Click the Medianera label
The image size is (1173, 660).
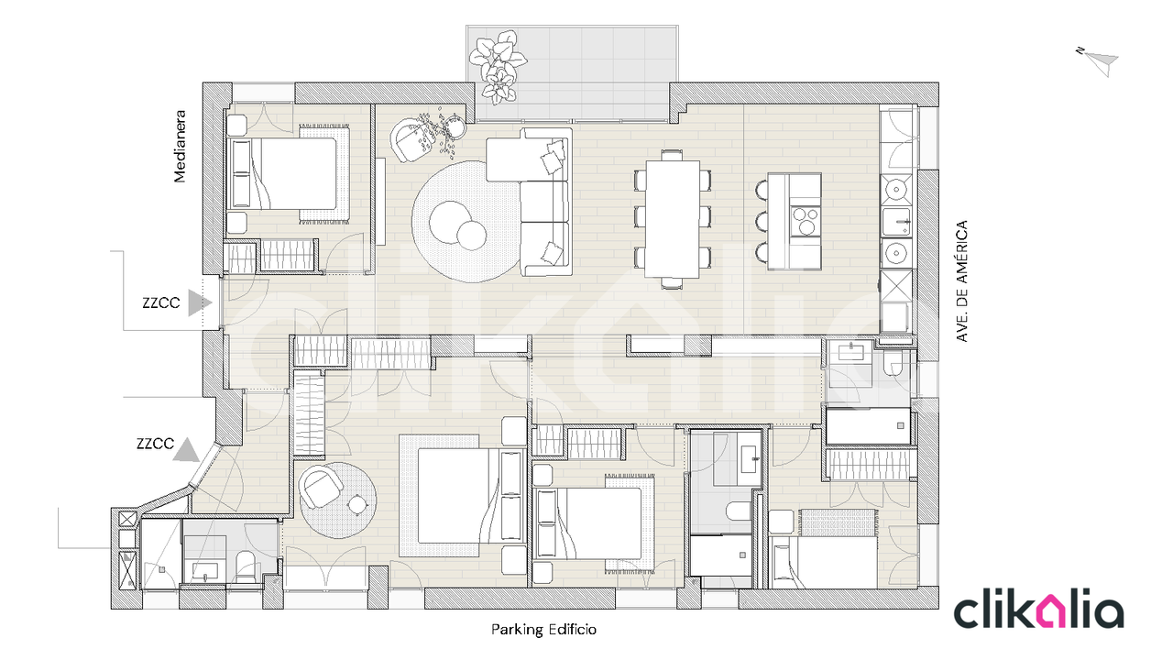pos(180,146)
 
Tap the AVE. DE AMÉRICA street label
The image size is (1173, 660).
pos(961,281)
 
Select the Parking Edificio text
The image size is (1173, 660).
pos(543,629)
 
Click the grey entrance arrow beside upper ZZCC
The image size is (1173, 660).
pos(200,302)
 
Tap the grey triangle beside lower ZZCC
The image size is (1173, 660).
pos(186,450)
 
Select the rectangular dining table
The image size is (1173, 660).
pos(673,218)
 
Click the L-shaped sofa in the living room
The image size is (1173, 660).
pos(530,202)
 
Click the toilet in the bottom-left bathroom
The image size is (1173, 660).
pos(245,567)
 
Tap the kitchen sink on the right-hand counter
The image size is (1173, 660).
pos(896,222)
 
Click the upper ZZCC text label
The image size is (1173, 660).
pos(160,302)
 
